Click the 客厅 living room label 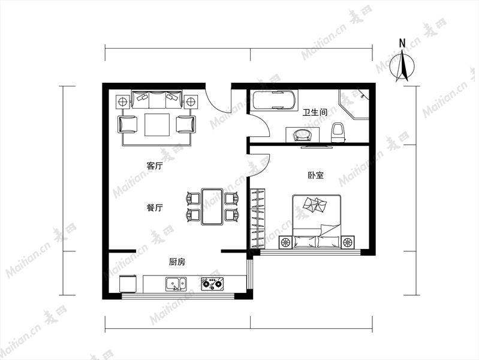pos(155,166)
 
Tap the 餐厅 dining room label pos(155,208)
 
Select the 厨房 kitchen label pos(177,262)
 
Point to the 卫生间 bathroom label pos(315,112)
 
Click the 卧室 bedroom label pos(315,175)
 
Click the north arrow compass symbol pos(403,66)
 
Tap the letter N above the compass pos(402,43)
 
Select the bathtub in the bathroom pos(275,100)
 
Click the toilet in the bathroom pos(338,132)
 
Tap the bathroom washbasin pos(303,135)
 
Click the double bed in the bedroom pos(317,221)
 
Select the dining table pos(212,207)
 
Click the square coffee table pos(157,124)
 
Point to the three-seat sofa pos(156,99)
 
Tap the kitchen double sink pos(176,284)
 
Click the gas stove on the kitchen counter pos(212,284)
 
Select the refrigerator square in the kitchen pos(128,284)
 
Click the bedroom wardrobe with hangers pos(258,218)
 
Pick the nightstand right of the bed pos(348,242)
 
